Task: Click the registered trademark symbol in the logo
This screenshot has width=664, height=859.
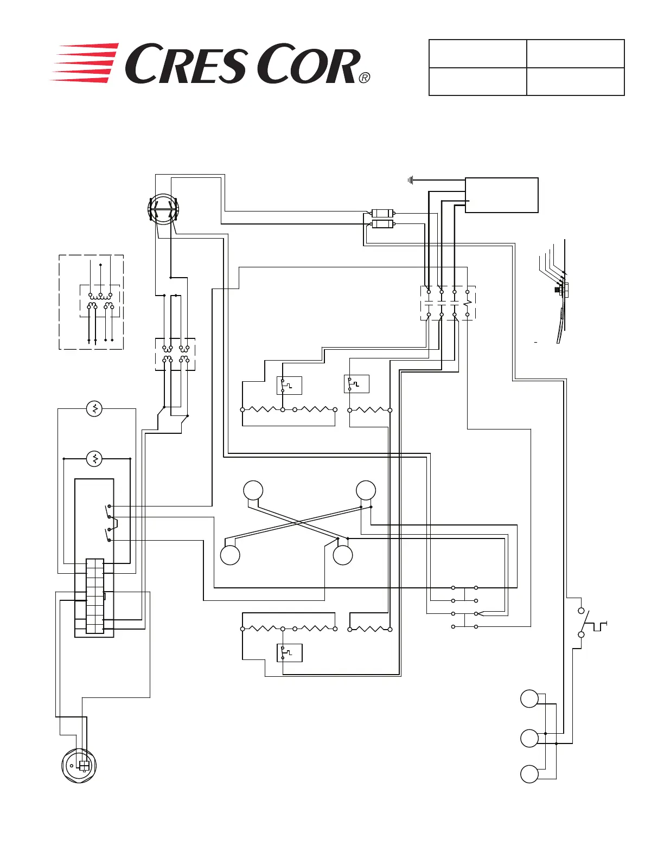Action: click(365, 78)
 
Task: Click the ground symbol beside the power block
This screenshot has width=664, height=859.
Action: click(411, 181)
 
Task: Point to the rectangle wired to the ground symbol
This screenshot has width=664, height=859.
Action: click(501, 195)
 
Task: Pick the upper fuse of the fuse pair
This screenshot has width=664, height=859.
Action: click(382, 213)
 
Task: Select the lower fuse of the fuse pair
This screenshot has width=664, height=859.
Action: click(382, 225)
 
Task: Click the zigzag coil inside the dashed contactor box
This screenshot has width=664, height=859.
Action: click(468, 303)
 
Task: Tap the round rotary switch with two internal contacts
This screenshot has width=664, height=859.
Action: click(163, 209)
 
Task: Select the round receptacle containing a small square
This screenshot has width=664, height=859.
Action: click(79, 766)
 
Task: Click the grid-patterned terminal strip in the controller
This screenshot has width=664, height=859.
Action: click(95, 596)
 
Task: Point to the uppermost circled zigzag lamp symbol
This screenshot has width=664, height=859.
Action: click(94, 409)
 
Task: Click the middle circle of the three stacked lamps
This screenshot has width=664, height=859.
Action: click(529, 739)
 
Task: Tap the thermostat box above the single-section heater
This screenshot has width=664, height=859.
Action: click(356, 384)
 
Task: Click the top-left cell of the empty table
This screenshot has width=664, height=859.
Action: click(478, 53)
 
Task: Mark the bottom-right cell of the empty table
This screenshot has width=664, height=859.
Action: click(576, 81)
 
